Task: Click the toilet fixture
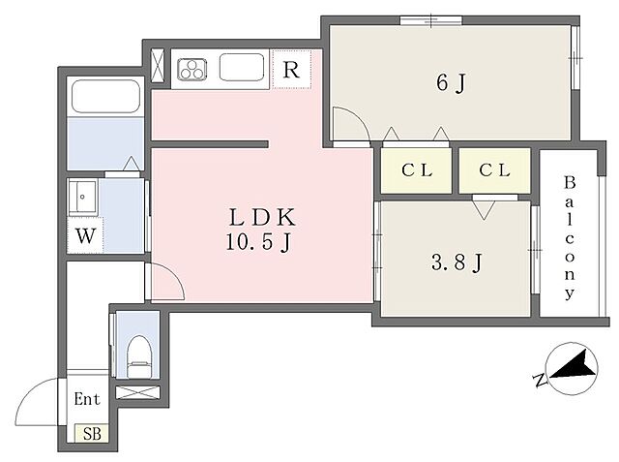click(139, 356)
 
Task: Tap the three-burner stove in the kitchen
click(192, 69)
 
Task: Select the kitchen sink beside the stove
click(242, 67)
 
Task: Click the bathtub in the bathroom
click(105, 97)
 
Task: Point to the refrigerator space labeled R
click(292, 69)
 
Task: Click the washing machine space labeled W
click(85, 236)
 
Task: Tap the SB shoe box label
click(92, 434)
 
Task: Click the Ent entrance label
click(87, 399)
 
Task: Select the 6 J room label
click(452, 83)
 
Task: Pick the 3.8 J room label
click(457, 262)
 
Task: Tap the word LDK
click(262, 217)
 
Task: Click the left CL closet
click(417, 170)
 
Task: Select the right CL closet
click(494, 170)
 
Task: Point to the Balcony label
click(569, 238)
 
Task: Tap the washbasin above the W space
click(82, 197)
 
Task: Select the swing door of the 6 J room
click(351, 123)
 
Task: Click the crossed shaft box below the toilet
click(137, 392)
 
